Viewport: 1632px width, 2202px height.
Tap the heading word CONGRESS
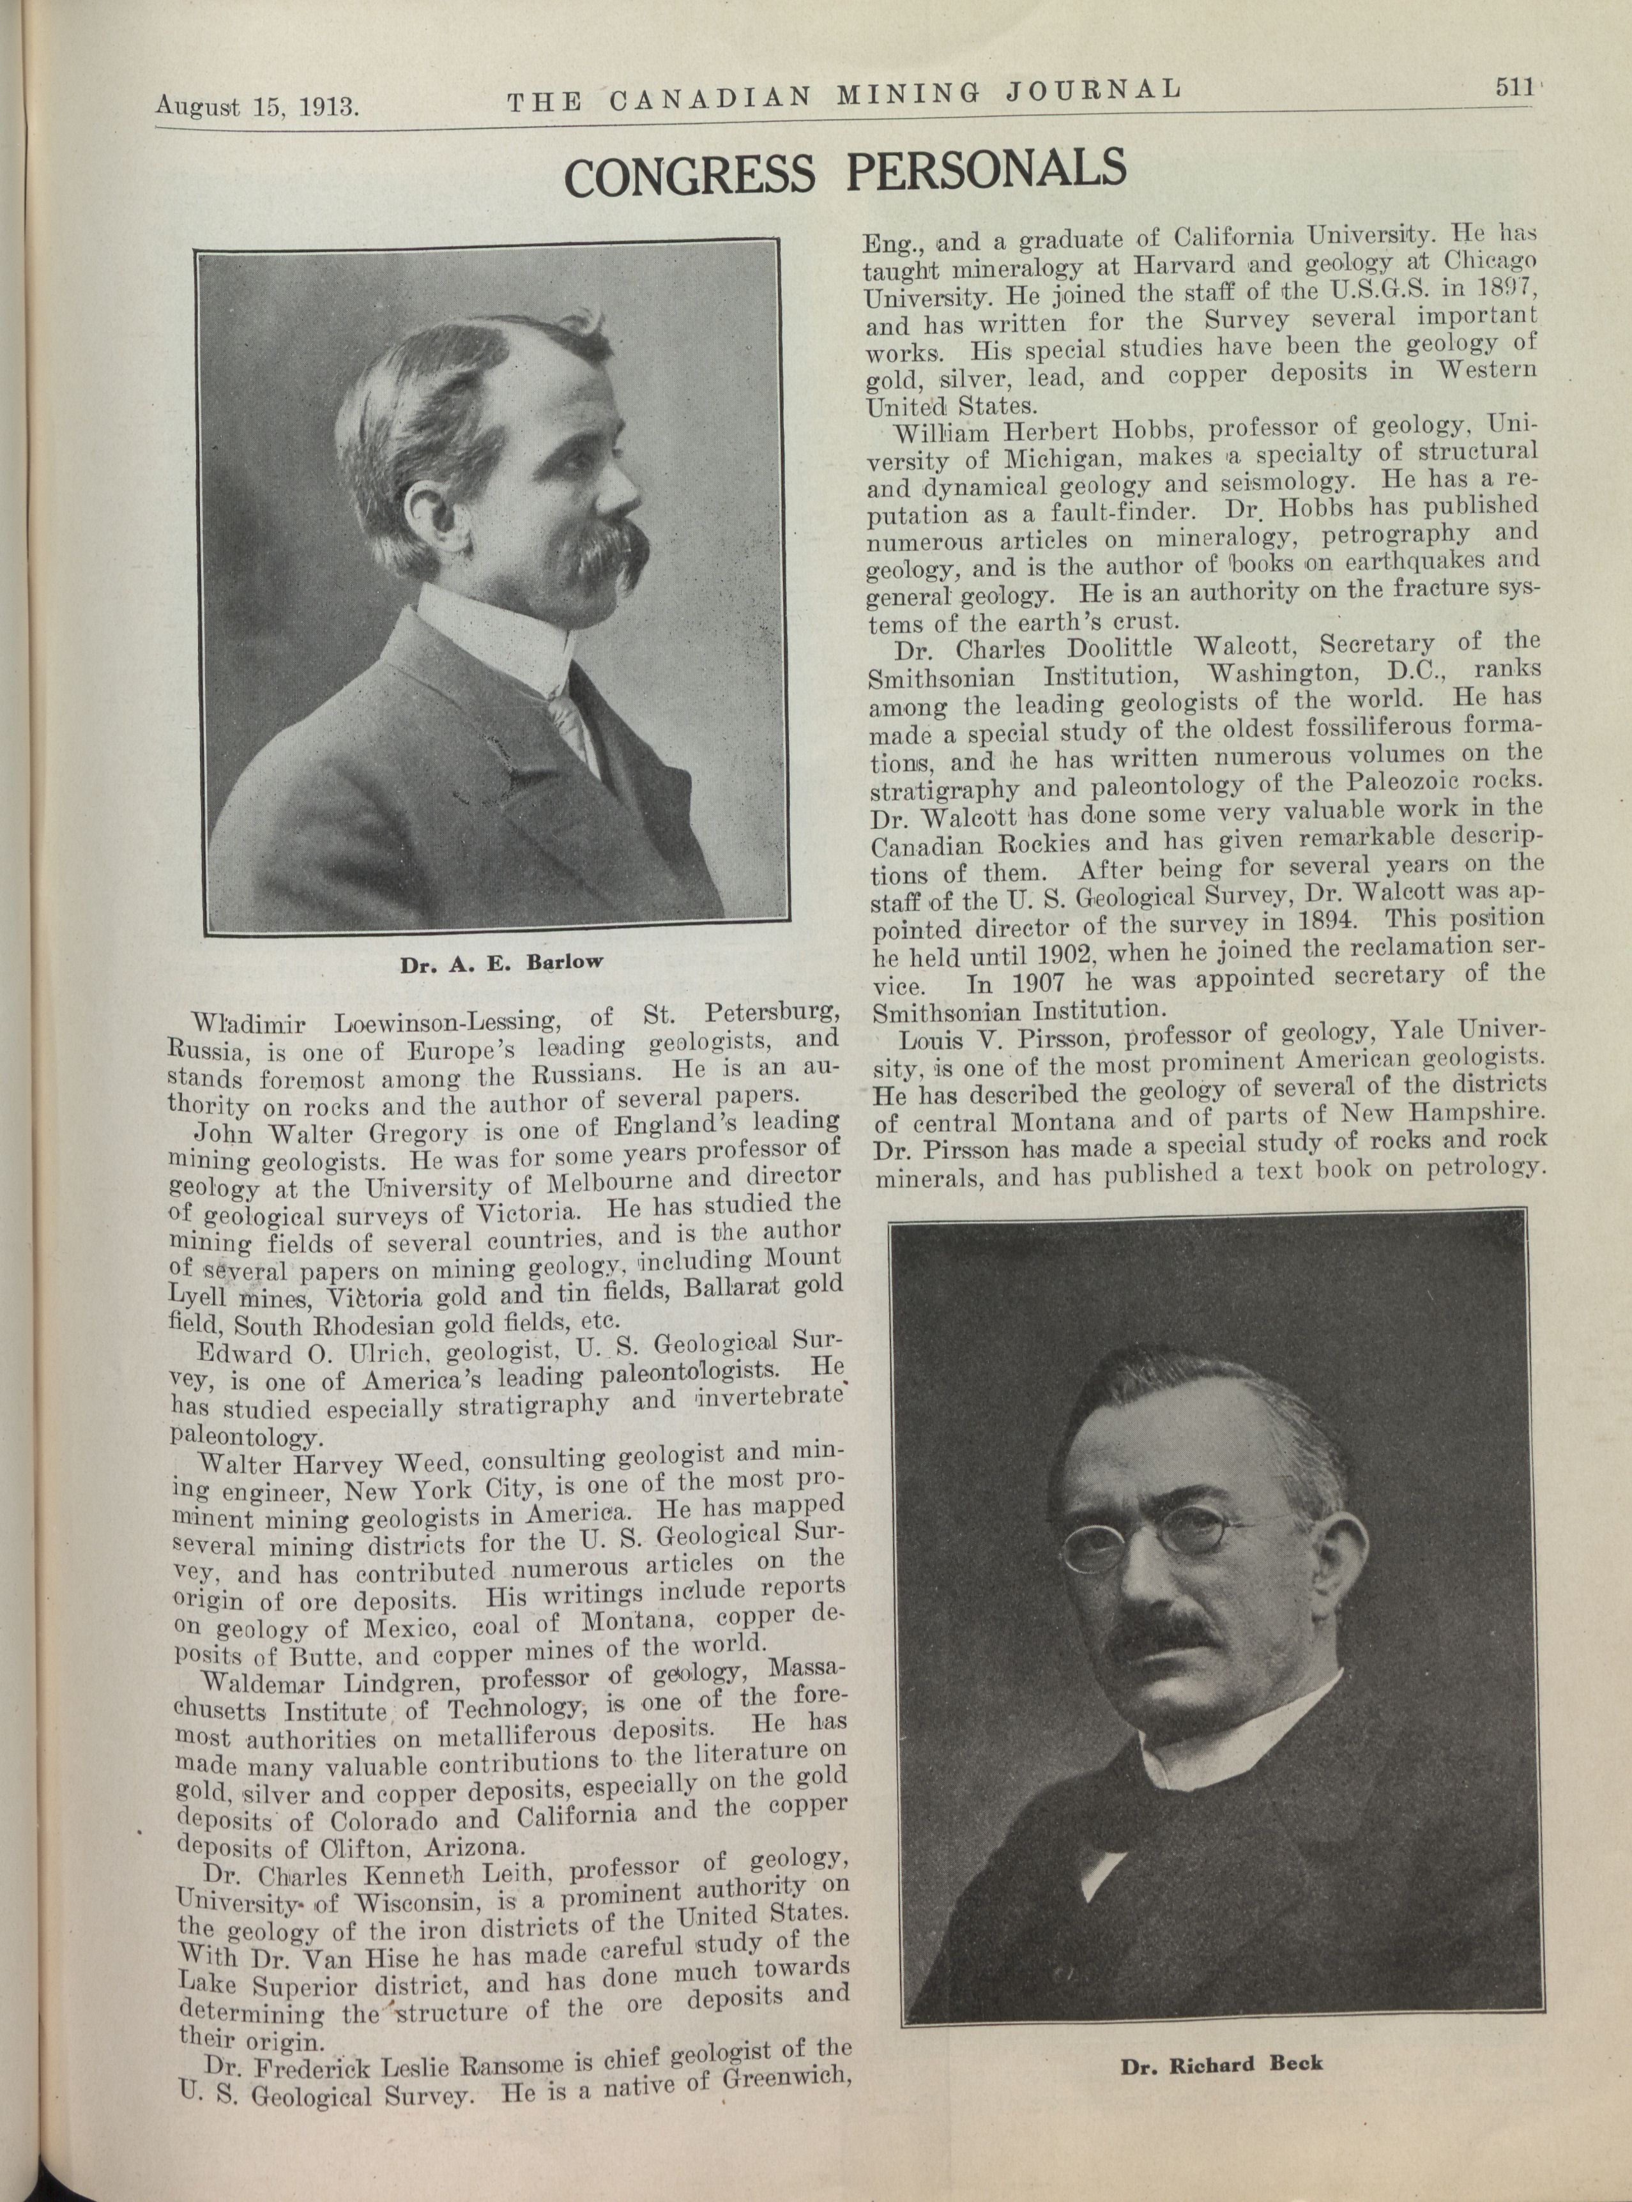pos(690,175)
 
